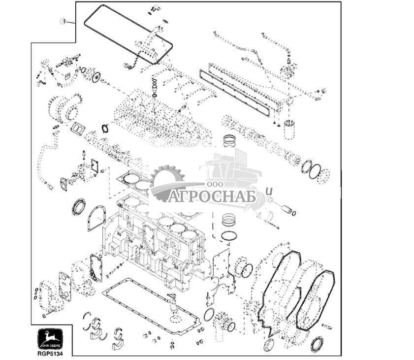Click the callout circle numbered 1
63,21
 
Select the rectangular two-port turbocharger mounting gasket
77,129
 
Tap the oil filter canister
289,129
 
